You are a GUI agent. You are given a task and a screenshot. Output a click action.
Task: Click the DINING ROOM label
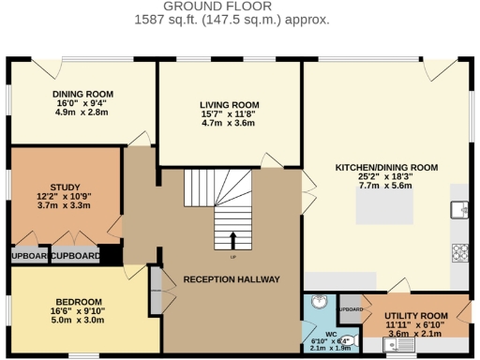pos(82,95)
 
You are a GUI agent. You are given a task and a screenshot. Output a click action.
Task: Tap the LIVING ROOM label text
pos(227,104)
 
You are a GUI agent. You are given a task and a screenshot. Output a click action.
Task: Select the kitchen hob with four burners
pos(460,252)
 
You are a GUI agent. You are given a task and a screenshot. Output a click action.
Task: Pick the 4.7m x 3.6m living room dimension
pos(227,123)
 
